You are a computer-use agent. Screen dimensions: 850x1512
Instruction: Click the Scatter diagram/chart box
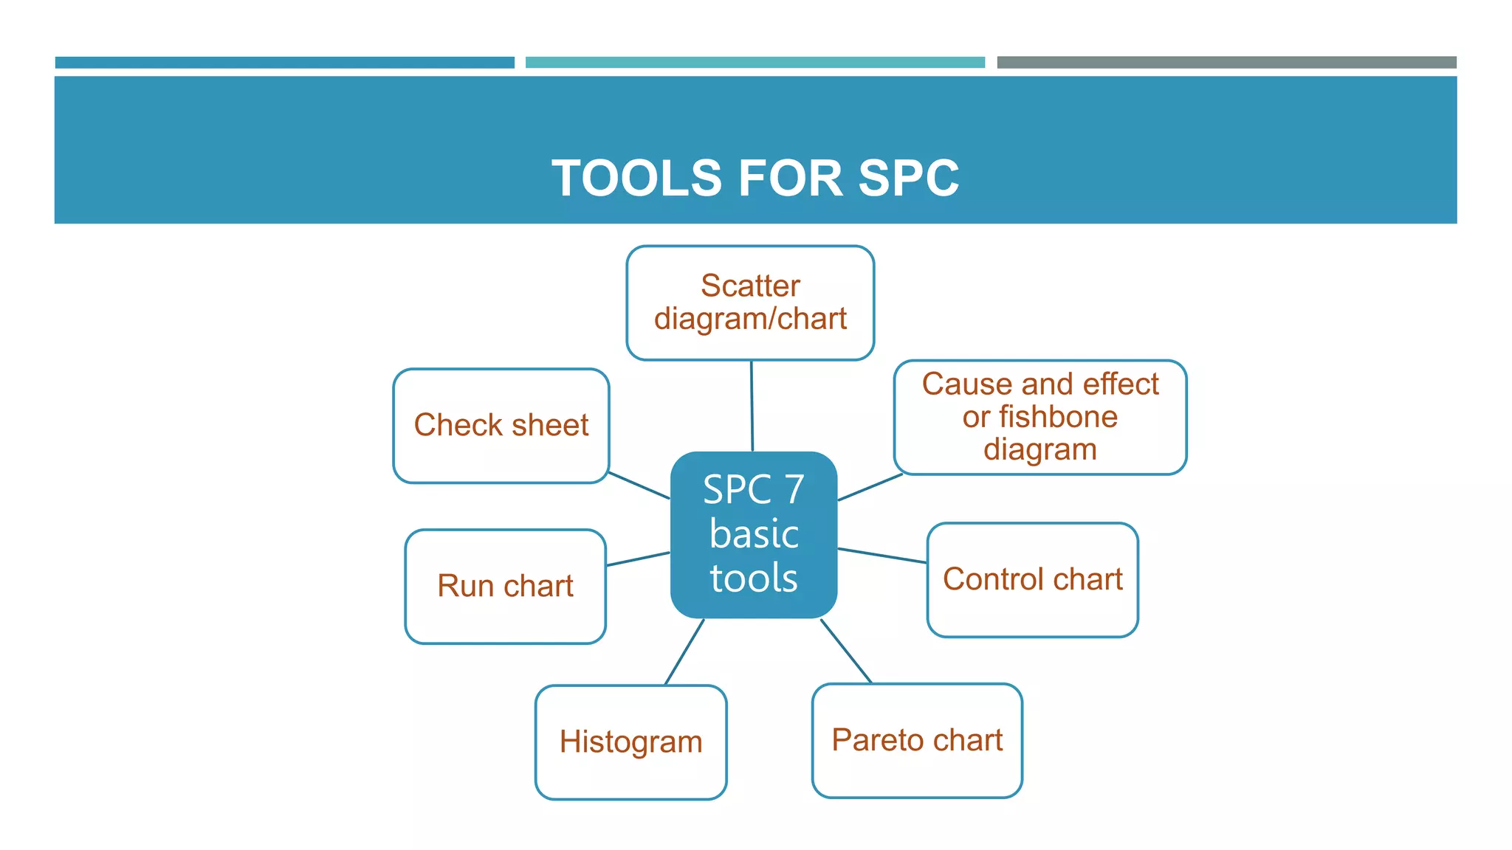click(x=750, y=303)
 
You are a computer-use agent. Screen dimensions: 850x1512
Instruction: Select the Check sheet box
click(x=501, y=426)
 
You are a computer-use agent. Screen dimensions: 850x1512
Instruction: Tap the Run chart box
click(x=505, y=587)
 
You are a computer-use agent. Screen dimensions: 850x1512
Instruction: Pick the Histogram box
click(x=630, y=742)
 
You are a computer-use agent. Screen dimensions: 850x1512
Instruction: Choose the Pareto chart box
click(x=917, y=741)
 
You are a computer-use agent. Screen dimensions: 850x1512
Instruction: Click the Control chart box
click(x=1032, y=580)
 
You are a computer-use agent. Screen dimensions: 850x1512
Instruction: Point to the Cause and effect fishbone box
click(x=1039, y=417)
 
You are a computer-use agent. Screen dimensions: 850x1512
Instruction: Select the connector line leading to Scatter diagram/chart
click(x=752, y=406)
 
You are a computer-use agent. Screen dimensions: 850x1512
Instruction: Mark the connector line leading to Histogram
click(x=684, y=652)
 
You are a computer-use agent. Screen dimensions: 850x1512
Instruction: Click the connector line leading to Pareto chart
click(x=846, y=651)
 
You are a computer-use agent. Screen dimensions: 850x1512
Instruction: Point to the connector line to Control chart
click(x=882, y=556)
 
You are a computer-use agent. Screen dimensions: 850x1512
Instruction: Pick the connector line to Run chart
click(x=638, y=559)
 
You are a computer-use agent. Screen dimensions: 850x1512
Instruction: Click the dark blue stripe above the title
click(x=284, y=63)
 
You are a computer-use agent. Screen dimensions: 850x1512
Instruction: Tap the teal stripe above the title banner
click(x=755, y=63)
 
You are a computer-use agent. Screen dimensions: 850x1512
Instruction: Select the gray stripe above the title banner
click(x=1226, y=63)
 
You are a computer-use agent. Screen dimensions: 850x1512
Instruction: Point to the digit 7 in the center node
click(x=794, y=490)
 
